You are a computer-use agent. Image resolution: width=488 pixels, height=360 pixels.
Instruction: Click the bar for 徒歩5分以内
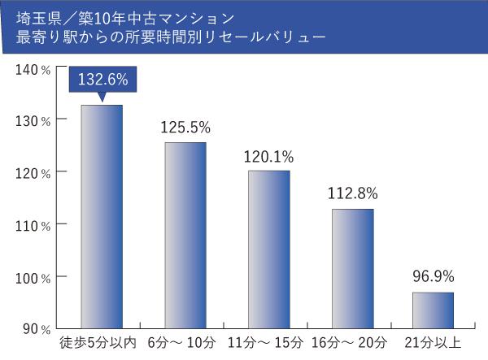[102, 216]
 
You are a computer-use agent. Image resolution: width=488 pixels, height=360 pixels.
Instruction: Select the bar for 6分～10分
[185, 235]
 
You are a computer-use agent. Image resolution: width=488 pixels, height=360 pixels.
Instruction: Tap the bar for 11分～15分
[268, 249]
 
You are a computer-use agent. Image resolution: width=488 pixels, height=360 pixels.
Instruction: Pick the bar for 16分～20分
[352, 268]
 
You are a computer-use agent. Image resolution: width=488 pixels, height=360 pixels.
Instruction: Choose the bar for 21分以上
[433, 310]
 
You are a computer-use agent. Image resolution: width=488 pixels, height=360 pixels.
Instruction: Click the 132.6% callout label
[102, 80]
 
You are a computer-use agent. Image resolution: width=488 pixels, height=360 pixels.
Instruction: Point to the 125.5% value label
[185, 127]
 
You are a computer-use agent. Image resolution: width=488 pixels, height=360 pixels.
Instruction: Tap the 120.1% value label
[268, 156]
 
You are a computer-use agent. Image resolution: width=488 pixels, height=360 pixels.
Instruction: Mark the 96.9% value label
[433, 276]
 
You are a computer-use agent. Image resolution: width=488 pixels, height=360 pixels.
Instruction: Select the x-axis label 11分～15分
[266, 342]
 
